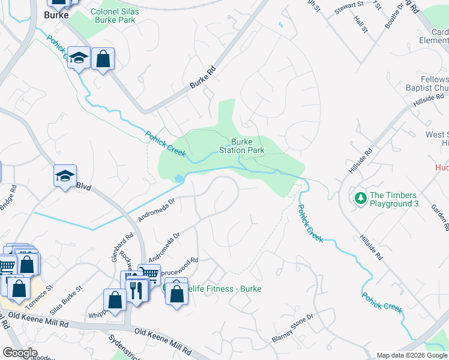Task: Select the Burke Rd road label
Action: [202, 78]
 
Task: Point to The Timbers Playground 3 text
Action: [402, 199]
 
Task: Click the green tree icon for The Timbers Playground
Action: [360, 197]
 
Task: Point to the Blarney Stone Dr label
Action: [292, 328]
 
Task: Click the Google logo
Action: [20, 353]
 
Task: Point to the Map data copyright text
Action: [412, 355]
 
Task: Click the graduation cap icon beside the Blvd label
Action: [65, 176]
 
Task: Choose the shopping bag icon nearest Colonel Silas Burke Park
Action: [103, 59]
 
